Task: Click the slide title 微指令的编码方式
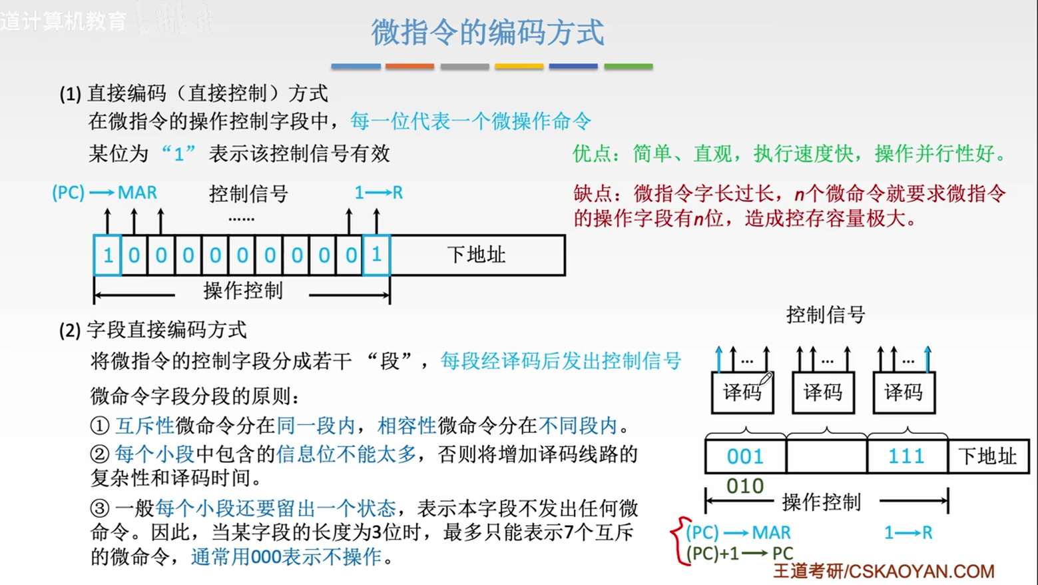pos(487,32)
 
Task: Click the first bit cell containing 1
pos(107,255)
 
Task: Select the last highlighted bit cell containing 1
pos(376,255)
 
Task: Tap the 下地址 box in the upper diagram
pos(477,255)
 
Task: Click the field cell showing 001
pos(745,456)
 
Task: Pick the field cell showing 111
pos(906,456)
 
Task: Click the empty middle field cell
pos(826,456)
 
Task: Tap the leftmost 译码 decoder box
pos(742,392)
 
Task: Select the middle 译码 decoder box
pos(823,392)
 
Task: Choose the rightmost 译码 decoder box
pos(904,392)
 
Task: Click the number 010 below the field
pos(744,486)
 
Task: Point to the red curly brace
pos(678,541)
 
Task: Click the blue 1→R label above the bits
pos(378,193)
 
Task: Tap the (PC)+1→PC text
pos(739,554)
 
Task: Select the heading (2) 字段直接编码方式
pos(153,330)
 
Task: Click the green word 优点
pos(592,155)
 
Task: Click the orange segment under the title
pos(409,67)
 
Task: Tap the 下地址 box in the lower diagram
pos(987,456)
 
